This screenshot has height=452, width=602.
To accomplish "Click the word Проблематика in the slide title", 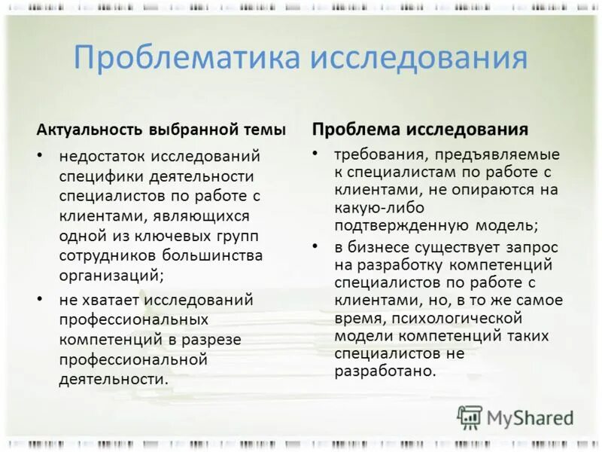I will click(187, 59).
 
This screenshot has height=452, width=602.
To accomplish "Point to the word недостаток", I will click(103, 157).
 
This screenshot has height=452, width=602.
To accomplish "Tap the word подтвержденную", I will click(392, 224).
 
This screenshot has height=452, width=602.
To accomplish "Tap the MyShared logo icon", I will click(470, 417).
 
